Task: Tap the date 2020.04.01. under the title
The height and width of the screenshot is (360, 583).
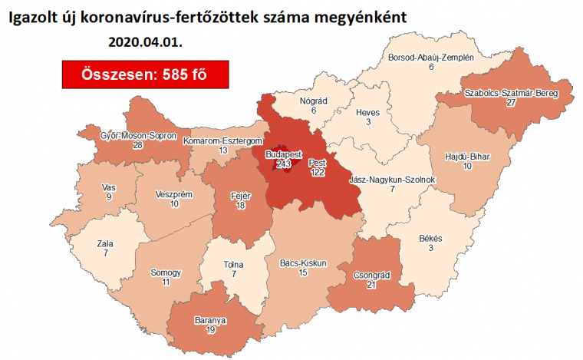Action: (x=145, y=41)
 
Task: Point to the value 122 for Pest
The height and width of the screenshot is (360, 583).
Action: (x=318, y=173)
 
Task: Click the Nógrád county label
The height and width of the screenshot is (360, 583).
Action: (x=313, y=100)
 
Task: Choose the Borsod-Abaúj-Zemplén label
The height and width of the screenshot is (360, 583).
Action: (x=431, y=58)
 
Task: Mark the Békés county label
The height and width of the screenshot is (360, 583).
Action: (x=430, y=239)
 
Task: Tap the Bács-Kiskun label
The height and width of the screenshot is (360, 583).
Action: (x=303, y=263)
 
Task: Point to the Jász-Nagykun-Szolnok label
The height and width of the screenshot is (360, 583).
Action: (x=392, y=180)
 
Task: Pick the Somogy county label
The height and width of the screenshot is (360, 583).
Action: (x=166, y=272)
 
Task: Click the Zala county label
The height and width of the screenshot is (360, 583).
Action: (x=105, y=243)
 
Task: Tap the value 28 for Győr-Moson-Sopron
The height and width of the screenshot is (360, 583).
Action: (x=138, y=145)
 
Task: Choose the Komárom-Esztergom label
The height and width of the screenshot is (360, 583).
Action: (x=223, y=141)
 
